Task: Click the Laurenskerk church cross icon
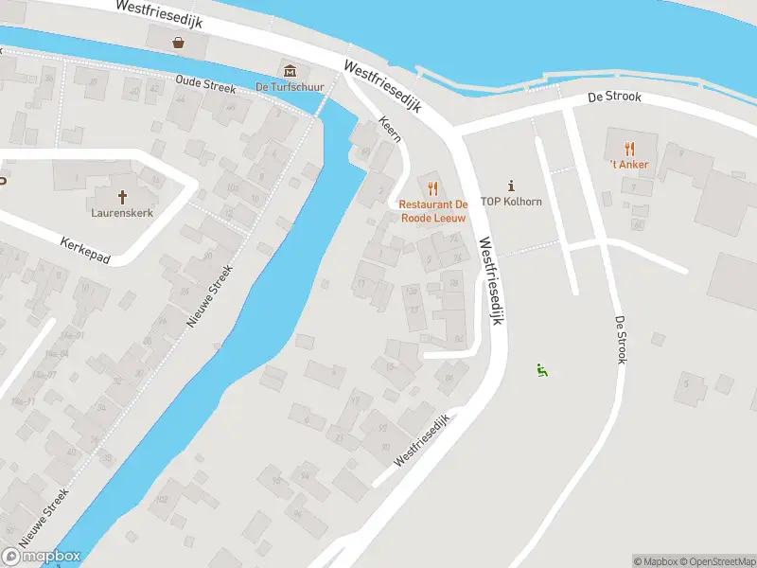point(122,197)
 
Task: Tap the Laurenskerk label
point(122,213)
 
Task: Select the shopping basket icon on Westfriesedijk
point(178,42)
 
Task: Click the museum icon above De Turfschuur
point(290,71)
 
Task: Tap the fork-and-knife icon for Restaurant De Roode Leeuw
point(433,186)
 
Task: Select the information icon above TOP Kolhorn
point(512,185)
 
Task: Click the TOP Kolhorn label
point(512,202)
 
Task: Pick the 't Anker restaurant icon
point(629,148)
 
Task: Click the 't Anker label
point(628,164)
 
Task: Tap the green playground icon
point(542,370)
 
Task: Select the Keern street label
point(389,130)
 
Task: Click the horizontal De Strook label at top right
point(614,97)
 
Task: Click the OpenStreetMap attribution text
point(715,561)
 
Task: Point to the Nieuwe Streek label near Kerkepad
point(209,295)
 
